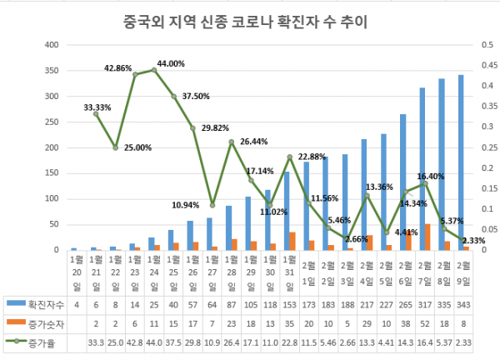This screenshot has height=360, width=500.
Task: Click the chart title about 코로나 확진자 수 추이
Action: tap(249, 18)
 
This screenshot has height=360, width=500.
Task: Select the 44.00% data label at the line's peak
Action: tap(170, 63)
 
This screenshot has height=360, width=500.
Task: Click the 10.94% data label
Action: tap(184, 204)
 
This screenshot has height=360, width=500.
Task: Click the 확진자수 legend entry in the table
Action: tap(39, 306)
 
